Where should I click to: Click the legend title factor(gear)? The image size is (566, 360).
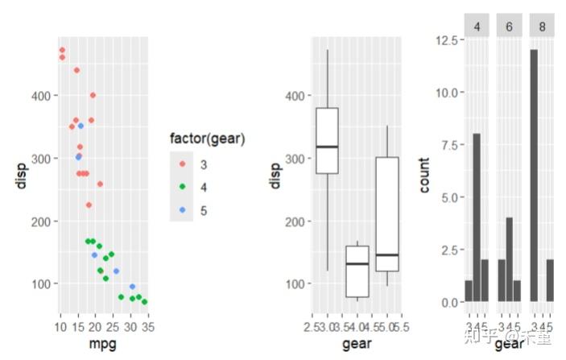click(208, 139)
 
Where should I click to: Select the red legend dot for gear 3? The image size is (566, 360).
click(182, 164)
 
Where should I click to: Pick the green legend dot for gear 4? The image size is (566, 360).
click(182, 187)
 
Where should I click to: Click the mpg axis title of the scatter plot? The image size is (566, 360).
click(102, 345)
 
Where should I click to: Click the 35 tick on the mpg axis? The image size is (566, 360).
click(148, 327)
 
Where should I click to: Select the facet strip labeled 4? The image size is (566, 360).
click(477, 26)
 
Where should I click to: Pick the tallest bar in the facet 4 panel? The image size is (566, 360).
click(477, 217)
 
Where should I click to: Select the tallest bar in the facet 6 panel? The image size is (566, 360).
click(510, 259)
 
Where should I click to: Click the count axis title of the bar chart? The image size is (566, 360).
click(425, 176)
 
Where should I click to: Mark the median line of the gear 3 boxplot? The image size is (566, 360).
click(327, 147)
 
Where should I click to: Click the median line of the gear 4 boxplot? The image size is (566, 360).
click(357, 264)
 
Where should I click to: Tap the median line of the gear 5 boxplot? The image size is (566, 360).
click(387, 254)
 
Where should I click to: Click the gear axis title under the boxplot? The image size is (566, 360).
click(357, 345)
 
